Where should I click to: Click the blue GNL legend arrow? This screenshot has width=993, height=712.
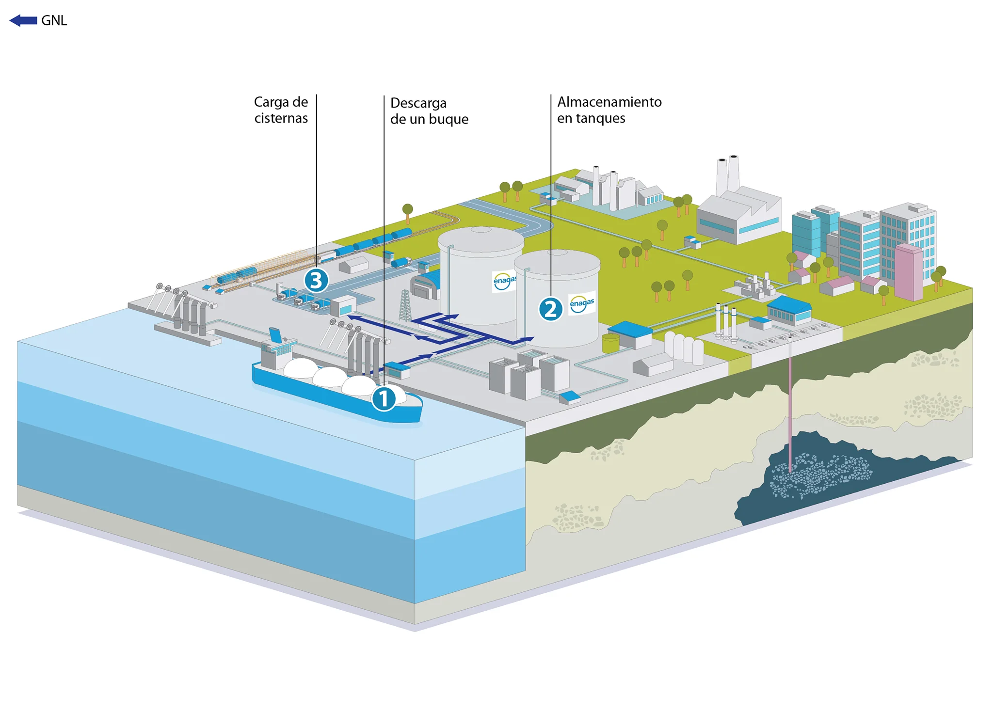[x=23, y=20]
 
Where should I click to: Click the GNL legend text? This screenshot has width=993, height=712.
[x=54, y=21]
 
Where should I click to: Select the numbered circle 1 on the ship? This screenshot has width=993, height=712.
[x=384, y=399]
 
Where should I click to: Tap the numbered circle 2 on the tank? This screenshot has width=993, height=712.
[x=550, y=309]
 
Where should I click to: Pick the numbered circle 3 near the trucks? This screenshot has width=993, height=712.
[x=316, y=280]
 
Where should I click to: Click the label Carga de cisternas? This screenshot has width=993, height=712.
[x=281, y=110]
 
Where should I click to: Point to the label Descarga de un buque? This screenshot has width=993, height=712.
[x=429, y=111]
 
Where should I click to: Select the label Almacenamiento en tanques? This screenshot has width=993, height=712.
[x=609, y=110]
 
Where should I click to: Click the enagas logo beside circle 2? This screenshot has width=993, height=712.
[x=582, y=303]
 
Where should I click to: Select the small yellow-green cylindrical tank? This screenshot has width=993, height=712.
[x=610, y=343]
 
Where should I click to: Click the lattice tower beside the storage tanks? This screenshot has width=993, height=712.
[x=405, y=305]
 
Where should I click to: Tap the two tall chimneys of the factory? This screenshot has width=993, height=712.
[x=728, y=174]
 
